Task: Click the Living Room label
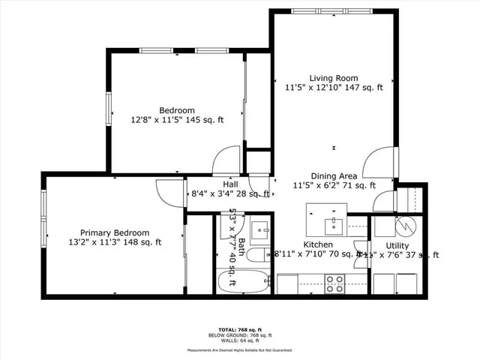click(x=334, y=78)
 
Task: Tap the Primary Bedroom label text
click(x=115, y=232)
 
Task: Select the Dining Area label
click(x=334, y=175)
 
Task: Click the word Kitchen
click(x=317, y=245)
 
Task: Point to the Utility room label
click(x=397, y=245)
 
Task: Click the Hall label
click(x=230, y=184)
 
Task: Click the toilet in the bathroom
click(x=255, y=256)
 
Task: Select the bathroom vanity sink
click(x=259, y=229)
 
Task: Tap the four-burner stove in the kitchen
click(x=334, y=283)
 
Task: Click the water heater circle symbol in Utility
click(x=406, y=224)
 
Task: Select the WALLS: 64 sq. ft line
click(x=240, y=340)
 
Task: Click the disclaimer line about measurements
click(x=240, y=350)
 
